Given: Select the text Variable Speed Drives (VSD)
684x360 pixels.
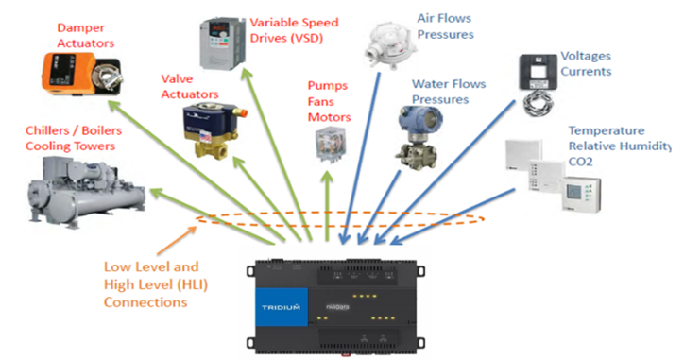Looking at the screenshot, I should tap(291, 28).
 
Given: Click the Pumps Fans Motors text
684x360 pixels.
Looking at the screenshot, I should tap(328, 101).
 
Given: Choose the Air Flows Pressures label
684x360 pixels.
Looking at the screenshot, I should tap(445, 26).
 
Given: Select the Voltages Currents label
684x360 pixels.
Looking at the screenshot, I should tap(586, 63).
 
